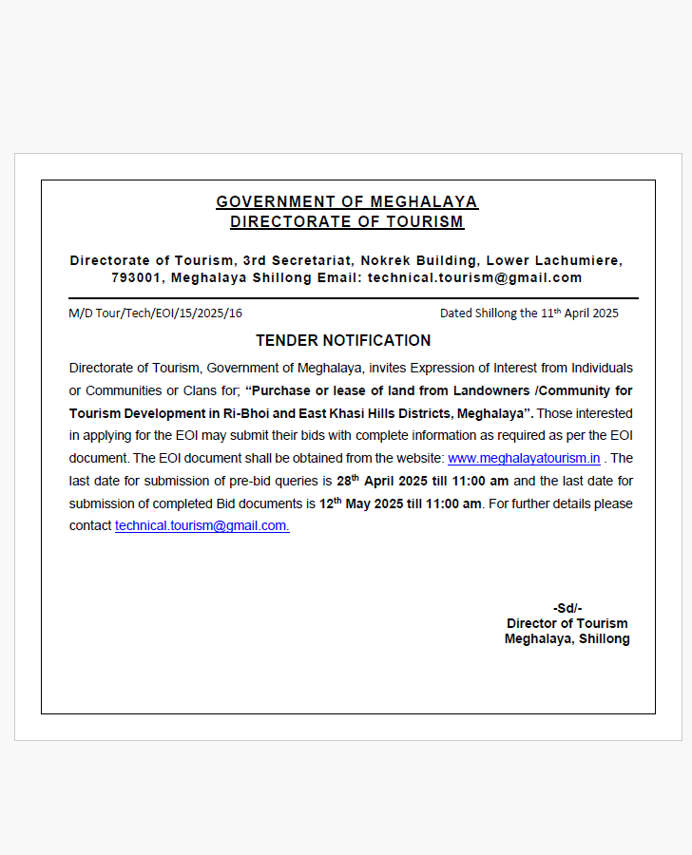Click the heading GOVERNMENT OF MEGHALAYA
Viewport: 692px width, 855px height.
click(347, 201)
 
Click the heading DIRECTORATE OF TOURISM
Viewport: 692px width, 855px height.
click(347, 222)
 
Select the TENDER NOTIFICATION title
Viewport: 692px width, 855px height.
click(343, 340)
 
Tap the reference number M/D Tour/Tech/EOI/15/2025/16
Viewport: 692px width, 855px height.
click(155, 313)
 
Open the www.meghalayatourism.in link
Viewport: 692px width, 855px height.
click(524, 458)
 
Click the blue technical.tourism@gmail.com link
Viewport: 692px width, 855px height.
click(202, 525)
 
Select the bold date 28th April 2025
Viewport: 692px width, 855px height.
click(377, 481)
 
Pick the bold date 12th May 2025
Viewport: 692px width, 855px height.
click(356, 503)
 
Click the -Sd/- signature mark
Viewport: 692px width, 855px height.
click(567, 608)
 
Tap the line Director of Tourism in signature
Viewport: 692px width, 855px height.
click(567, 623)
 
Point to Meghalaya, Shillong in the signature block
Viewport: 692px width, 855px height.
click(567, 639)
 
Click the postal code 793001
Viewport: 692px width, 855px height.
click(136, 278)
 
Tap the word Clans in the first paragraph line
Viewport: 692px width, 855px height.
click(202, 390)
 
